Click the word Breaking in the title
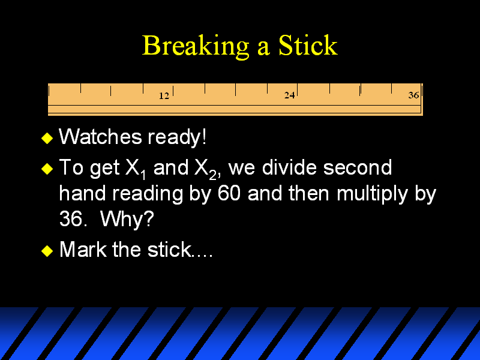click(196, 46)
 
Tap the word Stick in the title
click(308, 45)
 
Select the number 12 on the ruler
click(164, 96)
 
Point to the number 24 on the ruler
click(289, 95)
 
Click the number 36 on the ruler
click(413, 95)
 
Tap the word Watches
click(100, 136)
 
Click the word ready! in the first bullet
click(177, 137)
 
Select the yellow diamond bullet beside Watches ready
click(47, 138)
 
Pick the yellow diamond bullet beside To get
click(47, 169)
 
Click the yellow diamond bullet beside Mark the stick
click(47, 251)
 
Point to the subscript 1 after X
click(143, 175)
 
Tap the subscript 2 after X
click(213, 175)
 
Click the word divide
click(290, 167)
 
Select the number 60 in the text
click(229, 193)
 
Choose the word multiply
click(372, 194)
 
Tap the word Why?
click(127, 219)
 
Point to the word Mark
click(83, 249)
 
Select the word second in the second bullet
click(358, 167)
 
